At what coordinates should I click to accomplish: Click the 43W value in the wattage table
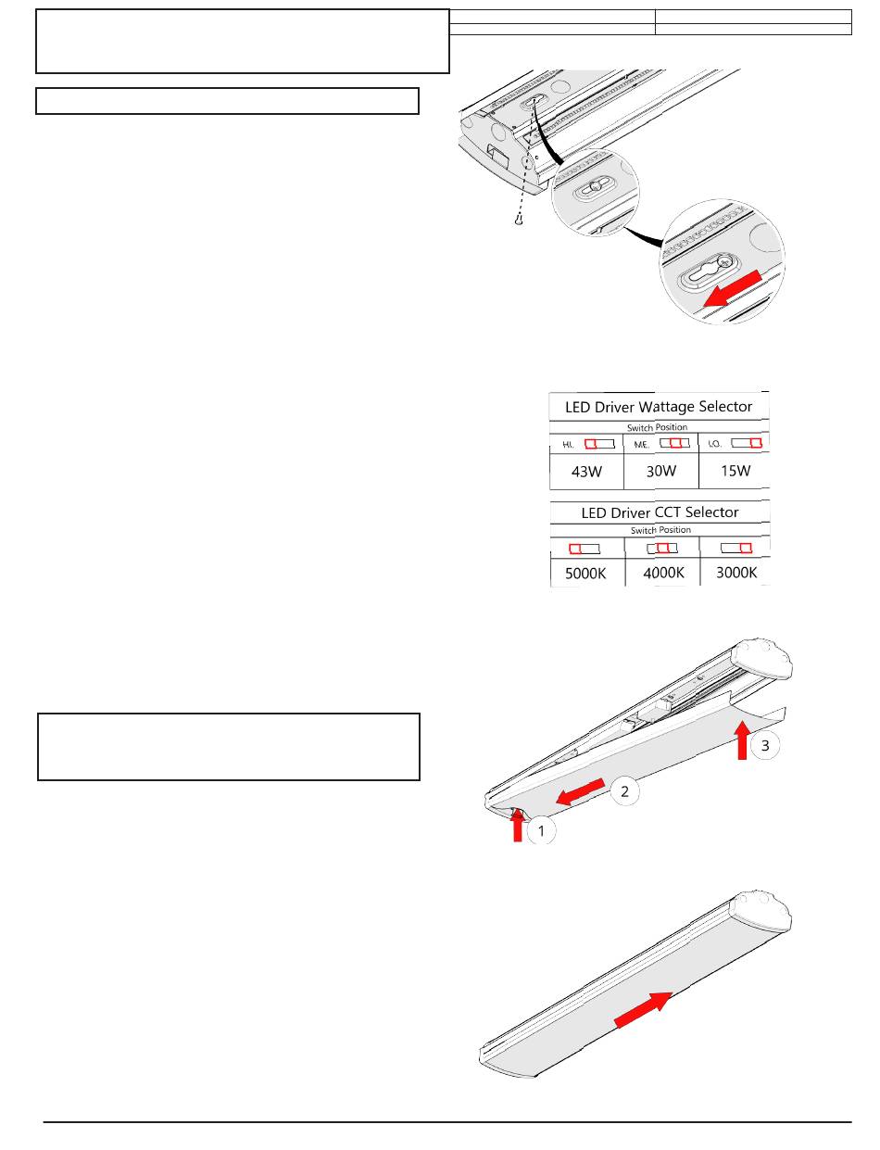(586, 471)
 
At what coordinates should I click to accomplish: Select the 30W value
(661, 471)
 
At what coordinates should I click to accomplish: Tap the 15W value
(735, 471)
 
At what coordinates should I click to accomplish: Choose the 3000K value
(736, 573)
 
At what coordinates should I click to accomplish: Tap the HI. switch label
(569, 445)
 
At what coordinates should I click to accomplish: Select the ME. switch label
(641, 445)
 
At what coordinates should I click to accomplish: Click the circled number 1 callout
(542, 831)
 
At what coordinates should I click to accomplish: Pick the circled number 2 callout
(624, 790)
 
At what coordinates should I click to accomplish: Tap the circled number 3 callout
(764, 745)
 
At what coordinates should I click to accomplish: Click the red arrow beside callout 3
(742, 741)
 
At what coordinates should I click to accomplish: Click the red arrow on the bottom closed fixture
(644, 1008)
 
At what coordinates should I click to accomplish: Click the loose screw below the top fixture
(521, 221)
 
